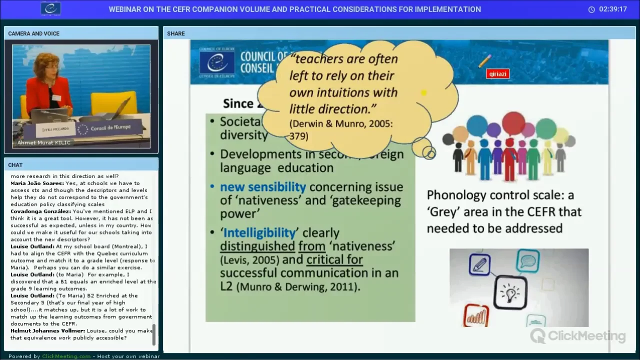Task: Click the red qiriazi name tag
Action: tap(497, 74)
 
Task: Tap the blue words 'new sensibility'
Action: tap(263, 187)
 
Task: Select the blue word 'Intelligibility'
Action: tap(260, 233)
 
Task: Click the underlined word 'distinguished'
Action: tap(257, 246)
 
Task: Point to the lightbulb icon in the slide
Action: tap(510, 291)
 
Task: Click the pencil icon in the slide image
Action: tap(480, 264)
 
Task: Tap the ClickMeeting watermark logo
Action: tap(577, 336)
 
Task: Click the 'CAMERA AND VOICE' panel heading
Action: tap(33, 33)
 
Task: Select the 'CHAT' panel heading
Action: tap(15, 165)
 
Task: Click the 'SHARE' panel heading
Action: tap(176, 33)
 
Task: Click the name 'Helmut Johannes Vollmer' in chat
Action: tap(47, 331)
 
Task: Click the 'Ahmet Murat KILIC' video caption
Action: tap(44, 143)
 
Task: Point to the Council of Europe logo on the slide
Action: tap(217, 62)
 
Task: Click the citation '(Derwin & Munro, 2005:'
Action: tap(341, 124)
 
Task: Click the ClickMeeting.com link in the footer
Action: tap(66, 356)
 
